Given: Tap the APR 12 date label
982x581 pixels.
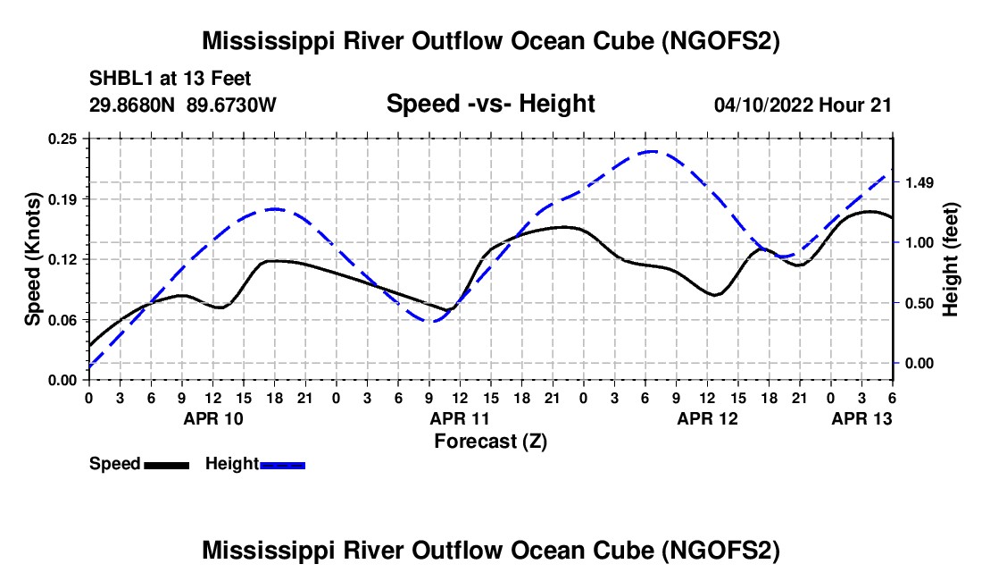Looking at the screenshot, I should pyautogui.click(x=708, y=417).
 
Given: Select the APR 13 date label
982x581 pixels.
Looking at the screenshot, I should pyautogui.click(x=862, y=417).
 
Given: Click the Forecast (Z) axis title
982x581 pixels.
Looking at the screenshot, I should pyautogui.click(x=490, y=441).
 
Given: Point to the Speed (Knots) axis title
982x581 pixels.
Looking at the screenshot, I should pyautogui.click(x=33, y=259).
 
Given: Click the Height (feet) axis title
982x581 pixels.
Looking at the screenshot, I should pyautogui.click(x=950, y=259).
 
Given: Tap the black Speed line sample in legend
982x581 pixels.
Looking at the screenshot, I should pyautogui.click(x=165, y=464).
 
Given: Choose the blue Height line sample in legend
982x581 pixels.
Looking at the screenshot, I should pyautogui.click(x=282, y=464).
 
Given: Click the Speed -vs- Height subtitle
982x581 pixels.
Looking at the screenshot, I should pyautogui.click(x=490, y=104).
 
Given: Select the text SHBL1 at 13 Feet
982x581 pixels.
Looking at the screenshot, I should pyautogui.click(x=171, y=79).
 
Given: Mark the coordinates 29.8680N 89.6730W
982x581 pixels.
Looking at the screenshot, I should pyautogui.click(x=183, y=105).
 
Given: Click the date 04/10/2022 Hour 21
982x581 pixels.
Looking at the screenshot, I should pyautogui.click(x=803, y=105).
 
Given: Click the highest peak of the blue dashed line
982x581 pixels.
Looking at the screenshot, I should pyautogui.click(x=651, y=151).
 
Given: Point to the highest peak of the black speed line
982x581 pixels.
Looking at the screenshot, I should pyautogui.click(x=868, y=212).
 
